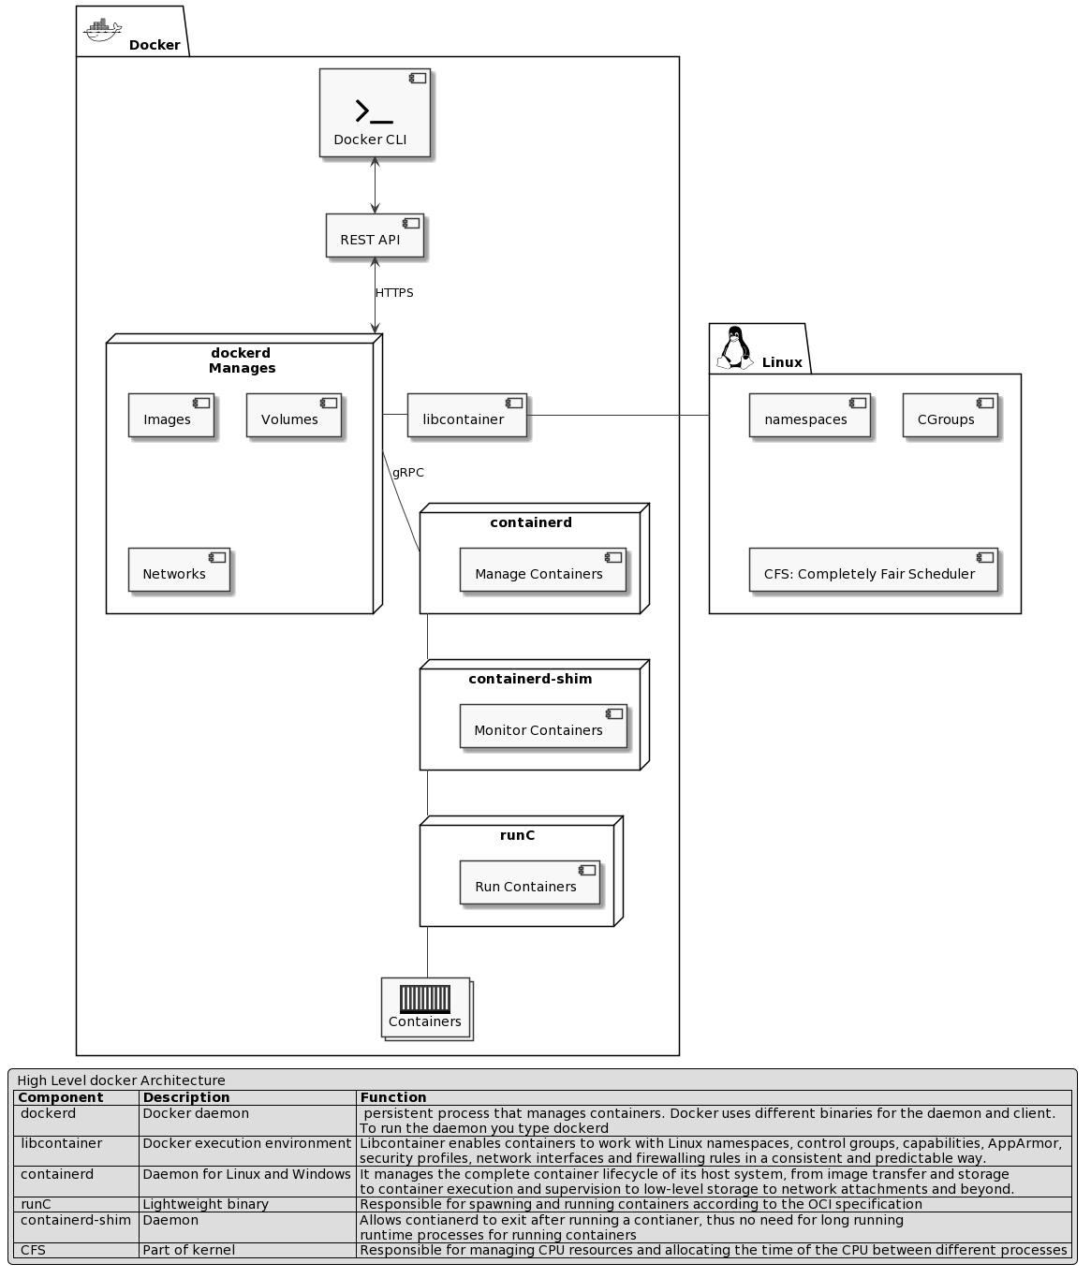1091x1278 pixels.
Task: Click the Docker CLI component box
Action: coord(375,112)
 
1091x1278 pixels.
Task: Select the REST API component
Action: coord(375,236)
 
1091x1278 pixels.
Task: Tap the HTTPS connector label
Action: coord(394,293)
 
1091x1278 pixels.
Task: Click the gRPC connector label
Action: coord(407,473)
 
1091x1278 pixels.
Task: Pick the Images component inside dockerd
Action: coord(171,416)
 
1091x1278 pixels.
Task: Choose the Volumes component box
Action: coord(294,416)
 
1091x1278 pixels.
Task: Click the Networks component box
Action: coord(179,570)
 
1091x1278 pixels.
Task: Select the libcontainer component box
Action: coord(466,416)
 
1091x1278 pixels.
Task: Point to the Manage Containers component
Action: coord(542,570)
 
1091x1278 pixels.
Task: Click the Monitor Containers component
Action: coord(542,727)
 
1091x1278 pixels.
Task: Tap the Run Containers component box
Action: coord(529,883)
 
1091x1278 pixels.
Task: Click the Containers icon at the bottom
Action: coord(425,1007)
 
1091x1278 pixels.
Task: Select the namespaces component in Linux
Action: coord(809,416)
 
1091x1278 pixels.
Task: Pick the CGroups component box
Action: coord(950,416)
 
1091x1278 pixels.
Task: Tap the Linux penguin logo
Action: coord(735,348)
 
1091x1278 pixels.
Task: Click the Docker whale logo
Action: coord(102,31)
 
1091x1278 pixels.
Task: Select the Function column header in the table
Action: coord(393,1097)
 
